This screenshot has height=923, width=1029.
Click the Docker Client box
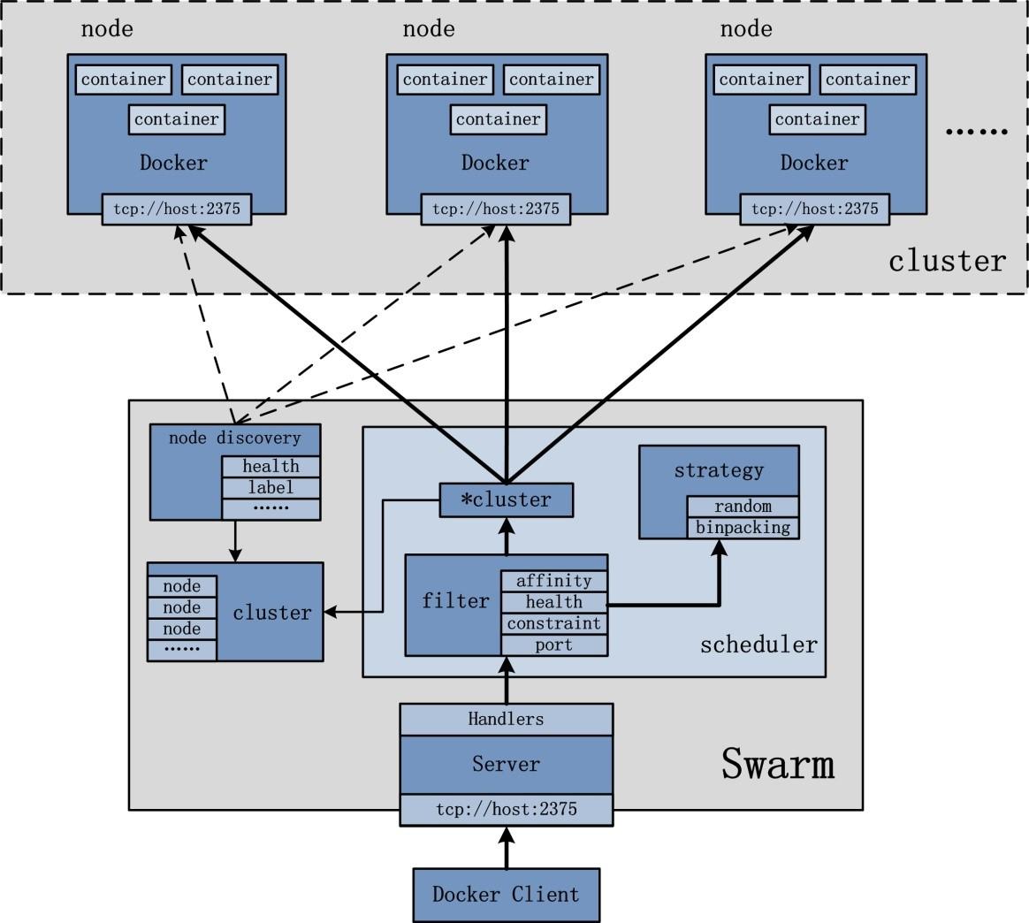[x=506, y=894]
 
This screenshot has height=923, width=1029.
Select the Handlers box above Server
[x=506, y=719]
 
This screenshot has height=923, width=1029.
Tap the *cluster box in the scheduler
[x=507, y=500]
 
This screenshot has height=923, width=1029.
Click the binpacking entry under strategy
[x=743, y=528]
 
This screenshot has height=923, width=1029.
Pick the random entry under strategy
[x=743, y=507]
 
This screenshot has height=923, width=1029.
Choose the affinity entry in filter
[x=553, y=581]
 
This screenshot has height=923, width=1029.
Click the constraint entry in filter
[x=553, y=623]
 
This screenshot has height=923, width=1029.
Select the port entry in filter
[x=553, y=645]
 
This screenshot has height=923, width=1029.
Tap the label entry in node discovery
[x=271, y=488]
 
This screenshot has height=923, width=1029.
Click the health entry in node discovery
[x=271, y=466]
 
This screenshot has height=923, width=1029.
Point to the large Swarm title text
[x=778, y=764]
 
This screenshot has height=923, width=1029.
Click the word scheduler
[x=758, y=645]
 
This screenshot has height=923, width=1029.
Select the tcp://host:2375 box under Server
[x=506, y=810]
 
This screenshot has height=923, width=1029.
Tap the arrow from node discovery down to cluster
[x=235, y=540]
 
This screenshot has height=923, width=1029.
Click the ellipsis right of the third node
[x=976, y=131]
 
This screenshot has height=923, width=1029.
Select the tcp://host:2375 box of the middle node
[x=495, y=210]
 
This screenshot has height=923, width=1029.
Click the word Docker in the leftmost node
[x=173, y=163]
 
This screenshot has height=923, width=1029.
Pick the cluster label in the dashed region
[x=947, y=261]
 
